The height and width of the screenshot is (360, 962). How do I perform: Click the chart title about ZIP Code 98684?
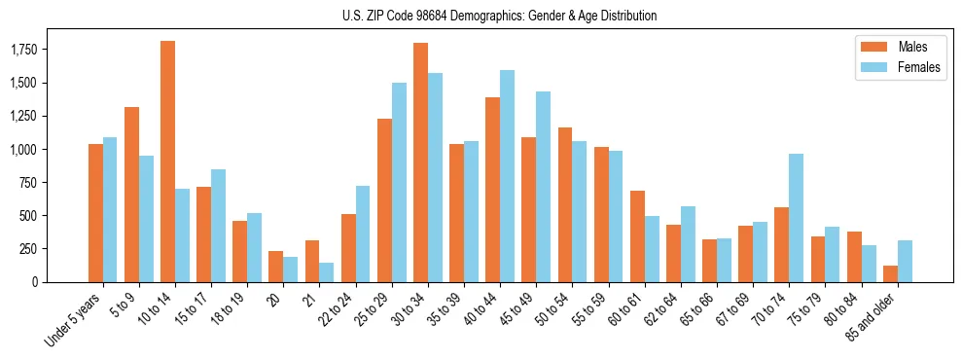pos(499,16)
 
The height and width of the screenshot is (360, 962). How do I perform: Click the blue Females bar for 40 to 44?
pos(508,176)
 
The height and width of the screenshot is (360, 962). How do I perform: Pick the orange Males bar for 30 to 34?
pos(420,162)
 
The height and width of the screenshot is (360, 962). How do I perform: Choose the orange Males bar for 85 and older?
pos(890,273)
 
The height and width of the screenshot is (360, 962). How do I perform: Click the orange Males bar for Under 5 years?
pos(95,213)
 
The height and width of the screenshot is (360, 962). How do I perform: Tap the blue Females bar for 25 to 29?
pos(399,182)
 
